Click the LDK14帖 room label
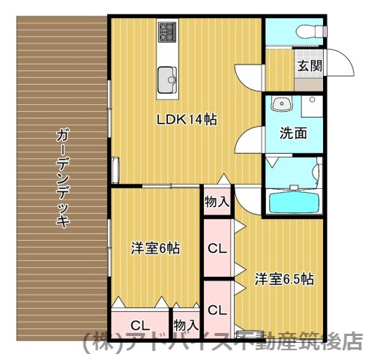[x=187, y=118]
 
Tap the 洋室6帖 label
[x=155, y=248]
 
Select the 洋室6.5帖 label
[x=283, y=279]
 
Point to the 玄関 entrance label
[x=309, y=65]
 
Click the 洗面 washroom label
[x=293, y=133]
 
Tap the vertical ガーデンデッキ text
[x=62, y=178]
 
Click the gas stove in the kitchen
[x=166, y=32]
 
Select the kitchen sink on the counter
[x=166, y=75]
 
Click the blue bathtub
[x=292, y=202]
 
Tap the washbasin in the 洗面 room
[x=283, y=104]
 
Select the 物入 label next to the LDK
[x=217, y=202]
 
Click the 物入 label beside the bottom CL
[x=185, y=325]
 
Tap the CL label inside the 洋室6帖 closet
[x=139, y=325]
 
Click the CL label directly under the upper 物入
[x=217, y=247]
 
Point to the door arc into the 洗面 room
[x=250, y=139]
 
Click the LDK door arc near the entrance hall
[x=249, y=75]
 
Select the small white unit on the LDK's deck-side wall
[x=115, y=170]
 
